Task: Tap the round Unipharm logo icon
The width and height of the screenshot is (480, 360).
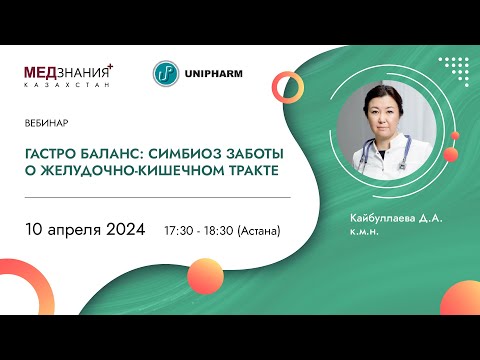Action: (x=166, y=73)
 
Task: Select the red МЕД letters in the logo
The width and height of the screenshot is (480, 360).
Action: (x=42, y=72)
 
